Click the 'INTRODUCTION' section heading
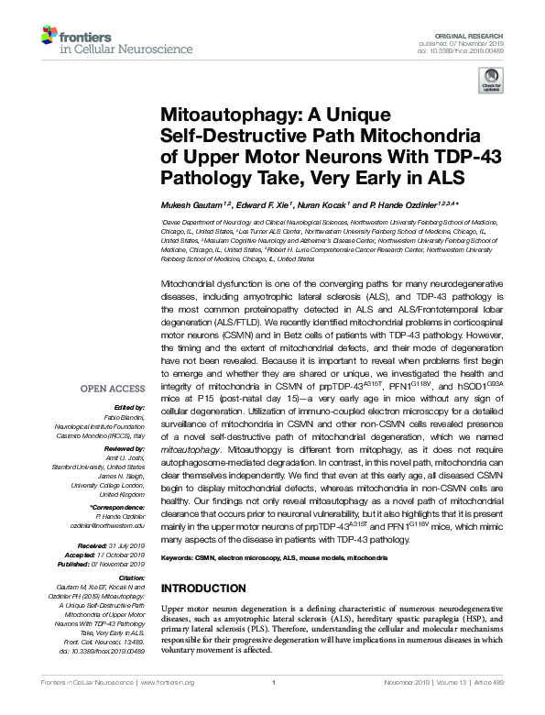[x=210, y=588]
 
